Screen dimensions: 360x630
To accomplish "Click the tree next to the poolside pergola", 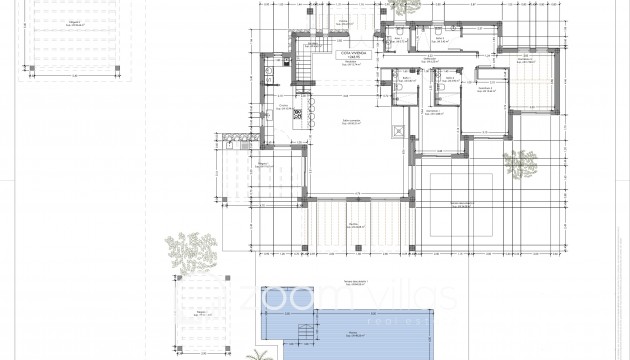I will [189, 250].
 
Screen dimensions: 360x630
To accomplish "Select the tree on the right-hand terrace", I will [520, 162].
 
